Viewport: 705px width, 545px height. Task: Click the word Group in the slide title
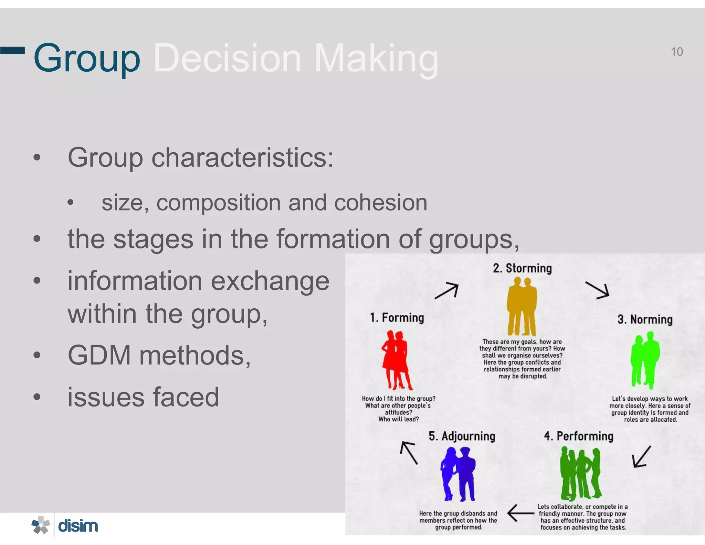[87, 59]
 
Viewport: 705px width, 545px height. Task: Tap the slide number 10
[676, 52]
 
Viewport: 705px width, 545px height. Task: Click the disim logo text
[78, 526]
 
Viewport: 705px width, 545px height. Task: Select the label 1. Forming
[397, 318]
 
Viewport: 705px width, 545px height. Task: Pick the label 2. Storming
[522, 268]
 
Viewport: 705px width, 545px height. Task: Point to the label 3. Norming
[645, 319]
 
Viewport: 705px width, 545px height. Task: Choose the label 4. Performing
[579, 436]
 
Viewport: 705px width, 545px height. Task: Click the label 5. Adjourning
[462, 436]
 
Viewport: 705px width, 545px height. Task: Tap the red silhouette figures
[397, 360]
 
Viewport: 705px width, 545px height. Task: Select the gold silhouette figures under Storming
[522, 307]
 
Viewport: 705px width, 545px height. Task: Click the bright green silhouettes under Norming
[645, 360]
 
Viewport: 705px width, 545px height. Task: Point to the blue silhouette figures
[458, 474]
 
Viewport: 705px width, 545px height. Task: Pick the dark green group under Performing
[580, 474]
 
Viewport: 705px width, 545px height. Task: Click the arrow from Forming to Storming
[447, 291]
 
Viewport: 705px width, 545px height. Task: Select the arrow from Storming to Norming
[598, 290]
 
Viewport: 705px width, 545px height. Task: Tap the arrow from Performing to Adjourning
[520, 513]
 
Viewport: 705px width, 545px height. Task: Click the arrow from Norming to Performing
[642, 457]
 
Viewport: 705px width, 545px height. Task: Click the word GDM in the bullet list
[99, 355]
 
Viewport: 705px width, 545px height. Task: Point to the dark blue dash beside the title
[12, 51]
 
